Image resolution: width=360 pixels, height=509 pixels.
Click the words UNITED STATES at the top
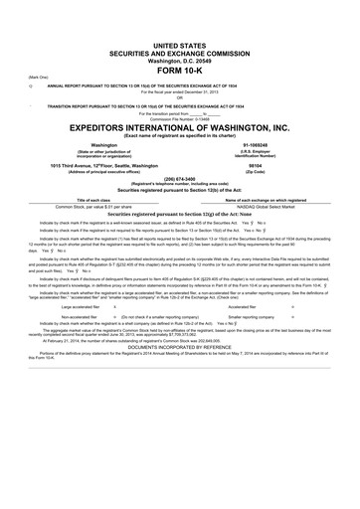180,19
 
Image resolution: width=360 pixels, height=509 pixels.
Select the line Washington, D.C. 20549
180,37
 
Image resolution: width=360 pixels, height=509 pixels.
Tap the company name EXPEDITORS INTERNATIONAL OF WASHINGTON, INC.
180,128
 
